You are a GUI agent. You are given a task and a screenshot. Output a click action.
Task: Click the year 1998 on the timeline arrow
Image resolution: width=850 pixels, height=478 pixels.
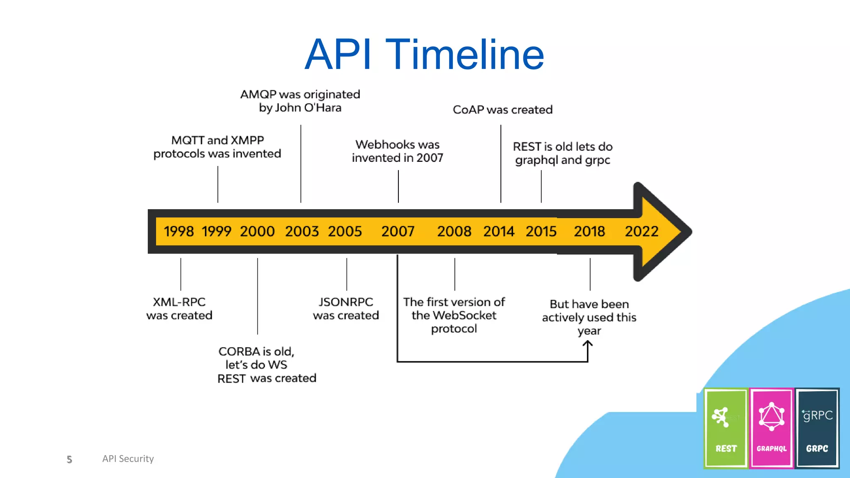[x=178, y=231]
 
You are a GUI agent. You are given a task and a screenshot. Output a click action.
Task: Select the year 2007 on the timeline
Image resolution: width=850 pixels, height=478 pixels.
[x=398, y=231]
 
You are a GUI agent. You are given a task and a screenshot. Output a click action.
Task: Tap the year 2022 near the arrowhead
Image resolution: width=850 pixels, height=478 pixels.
[x=641, y=231]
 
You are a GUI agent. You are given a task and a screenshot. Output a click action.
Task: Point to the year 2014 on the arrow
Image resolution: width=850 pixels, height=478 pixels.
[x=498, y=231]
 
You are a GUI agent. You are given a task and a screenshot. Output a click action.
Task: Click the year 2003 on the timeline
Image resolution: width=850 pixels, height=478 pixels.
[x=302, y=231]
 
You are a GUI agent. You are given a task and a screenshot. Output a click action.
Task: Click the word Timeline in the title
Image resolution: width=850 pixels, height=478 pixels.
[x=464, y=54]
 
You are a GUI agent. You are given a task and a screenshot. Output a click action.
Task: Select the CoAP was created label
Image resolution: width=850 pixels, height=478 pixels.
[x=503, y=110]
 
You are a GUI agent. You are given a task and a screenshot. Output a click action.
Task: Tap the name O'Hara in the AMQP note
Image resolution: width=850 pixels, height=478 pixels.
[x=322, y=107]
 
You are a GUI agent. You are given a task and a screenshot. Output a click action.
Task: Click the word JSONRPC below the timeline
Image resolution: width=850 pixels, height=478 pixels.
[x=346, y=302]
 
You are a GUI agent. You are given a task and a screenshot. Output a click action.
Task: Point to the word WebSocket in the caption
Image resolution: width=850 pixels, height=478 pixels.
[x=464, y=315]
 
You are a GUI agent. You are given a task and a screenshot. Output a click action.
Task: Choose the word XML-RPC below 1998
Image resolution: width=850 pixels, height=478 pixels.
[x=179, y=302]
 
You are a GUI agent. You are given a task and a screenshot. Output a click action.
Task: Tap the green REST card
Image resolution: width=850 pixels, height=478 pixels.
[x=726, y=428]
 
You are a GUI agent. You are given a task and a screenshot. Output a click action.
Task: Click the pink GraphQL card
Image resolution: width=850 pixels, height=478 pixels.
[x=772, y=428]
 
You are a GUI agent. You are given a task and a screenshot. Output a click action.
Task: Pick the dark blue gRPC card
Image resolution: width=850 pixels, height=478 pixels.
[x=817, y=428]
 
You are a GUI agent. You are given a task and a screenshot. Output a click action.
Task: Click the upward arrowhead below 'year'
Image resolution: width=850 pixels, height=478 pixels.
[x=588, y=344]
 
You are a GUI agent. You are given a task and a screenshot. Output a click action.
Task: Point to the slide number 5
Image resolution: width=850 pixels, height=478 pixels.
[x=69, y=459]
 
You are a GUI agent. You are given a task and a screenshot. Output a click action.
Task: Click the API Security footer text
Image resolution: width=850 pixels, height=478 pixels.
[x=128, y=458]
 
